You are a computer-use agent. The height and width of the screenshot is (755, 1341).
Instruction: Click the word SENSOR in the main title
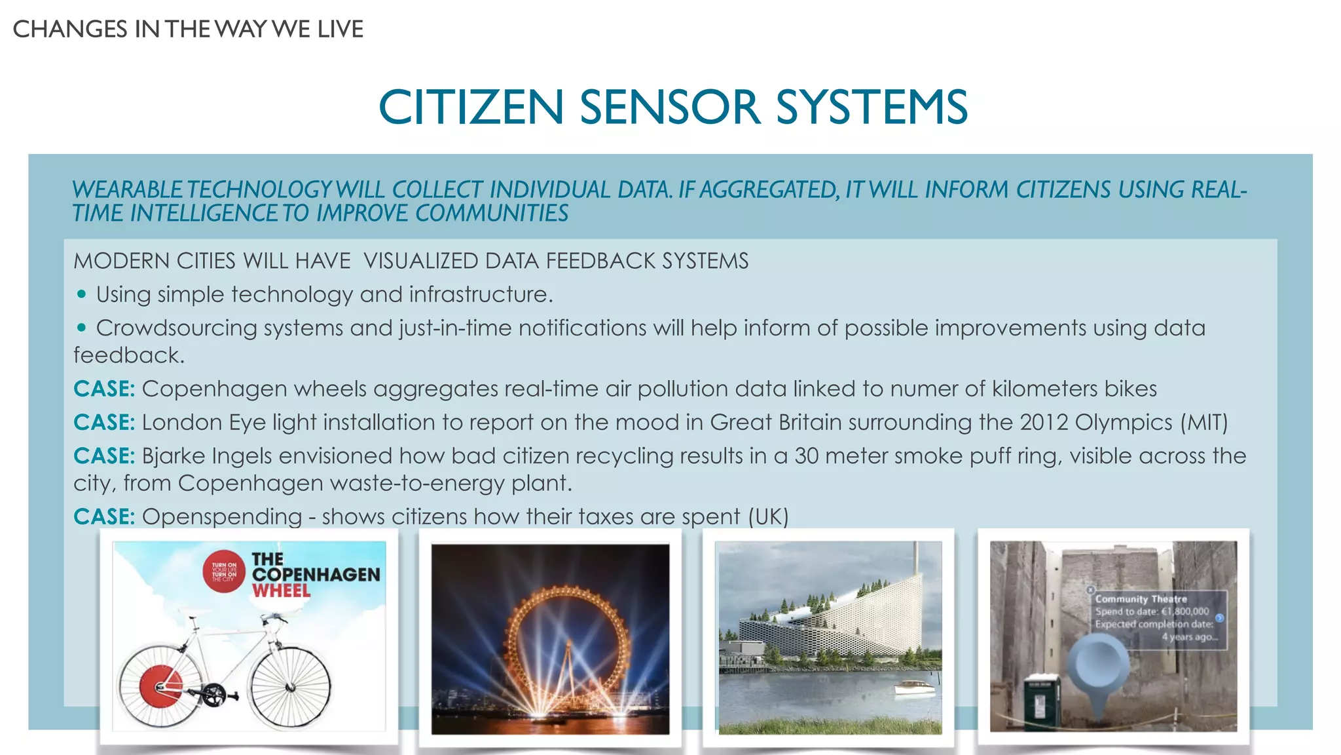670,107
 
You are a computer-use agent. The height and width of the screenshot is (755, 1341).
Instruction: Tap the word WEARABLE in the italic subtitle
127,190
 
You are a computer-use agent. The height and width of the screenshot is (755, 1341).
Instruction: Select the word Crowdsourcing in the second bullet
176,328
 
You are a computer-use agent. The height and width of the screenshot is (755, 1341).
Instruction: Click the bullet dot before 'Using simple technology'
81,294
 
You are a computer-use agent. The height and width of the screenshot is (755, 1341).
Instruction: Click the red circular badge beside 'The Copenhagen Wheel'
223,570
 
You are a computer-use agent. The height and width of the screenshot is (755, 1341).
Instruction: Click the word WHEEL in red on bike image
281,590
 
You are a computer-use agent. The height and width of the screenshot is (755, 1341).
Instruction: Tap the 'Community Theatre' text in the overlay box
1141,598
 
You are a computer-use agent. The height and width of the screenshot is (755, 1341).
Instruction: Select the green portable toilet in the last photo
1041,701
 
